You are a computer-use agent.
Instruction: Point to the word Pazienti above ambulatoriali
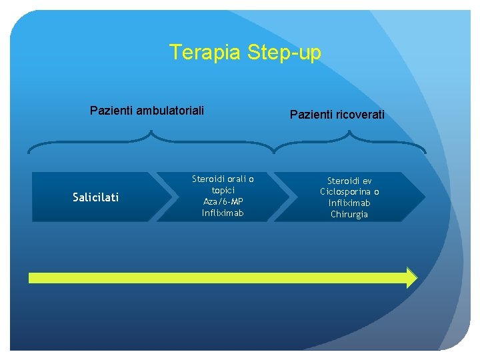click(112, 109)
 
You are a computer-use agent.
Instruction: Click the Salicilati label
click(95, 197)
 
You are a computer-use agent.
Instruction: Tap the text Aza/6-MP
click(223, 201)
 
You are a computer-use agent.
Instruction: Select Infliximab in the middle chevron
click(223, 213)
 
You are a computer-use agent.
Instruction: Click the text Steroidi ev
click(349, 181)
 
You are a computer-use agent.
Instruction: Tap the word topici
click(223, 190)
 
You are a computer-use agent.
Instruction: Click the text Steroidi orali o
click(223, 179)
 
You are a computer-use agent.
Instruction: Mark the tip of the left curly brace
click(151, 132)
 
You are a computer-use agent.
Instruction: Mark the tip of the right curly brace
click(349, 132)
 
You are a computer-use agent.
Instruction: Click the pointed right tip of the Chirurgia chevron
click(424, 197)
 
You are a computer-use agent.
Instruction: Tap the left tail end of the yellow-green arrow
click(31, 277)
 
